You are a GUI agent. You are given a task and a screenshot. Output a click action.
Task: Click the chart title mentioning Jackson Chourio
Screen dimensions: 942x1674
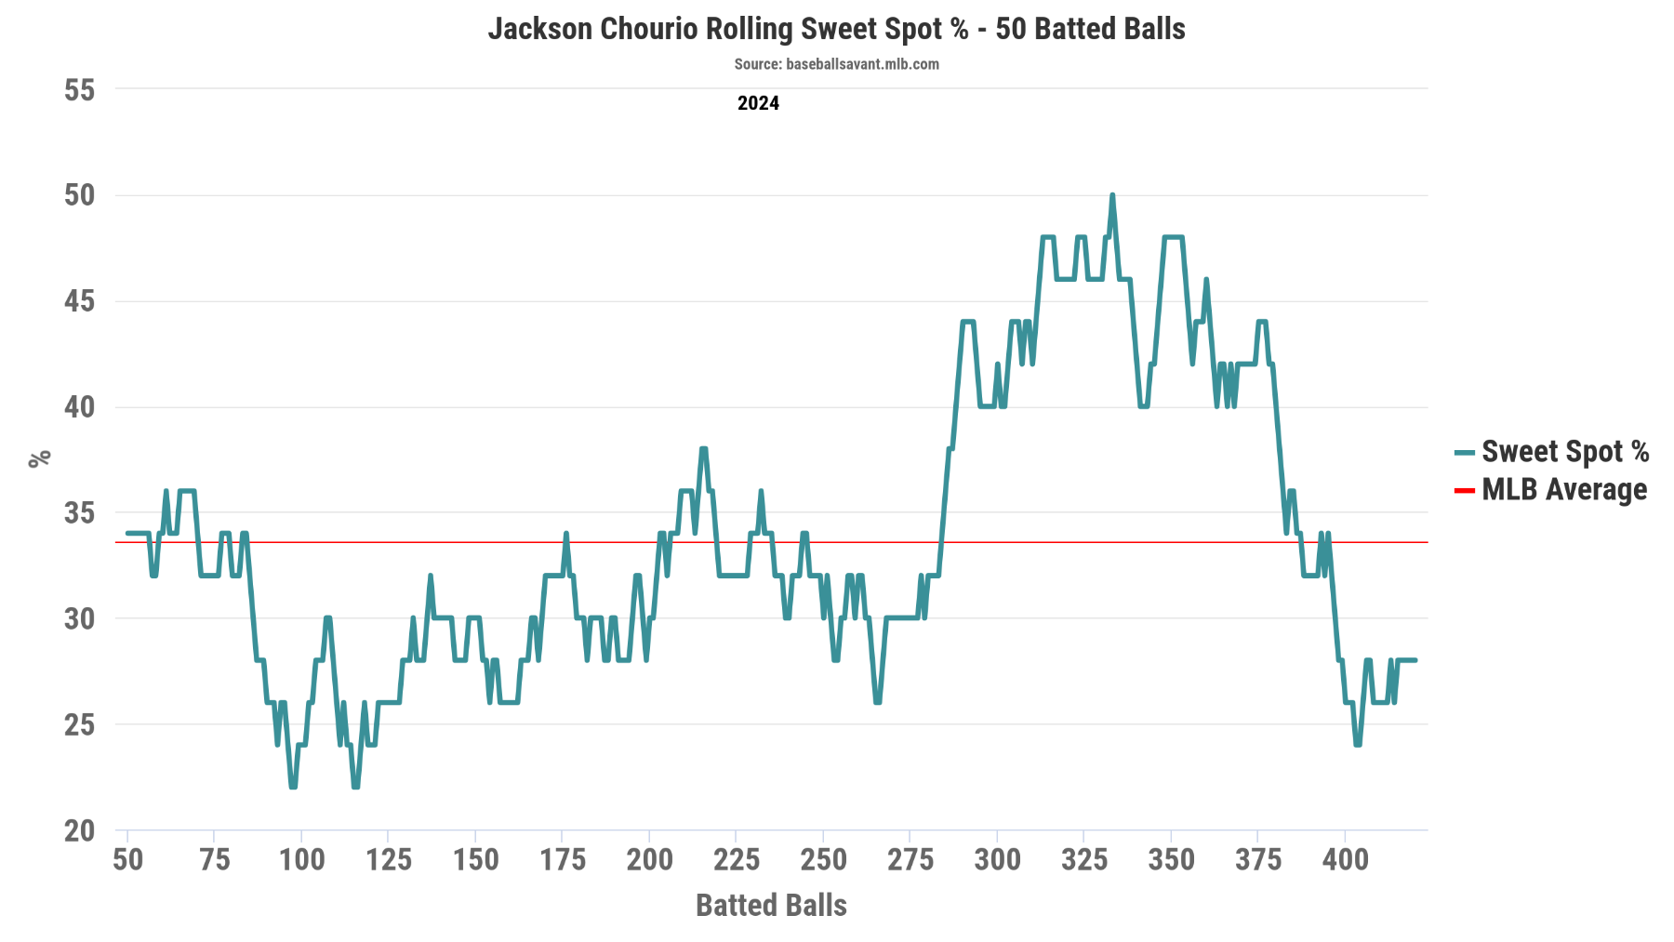click(836, 29)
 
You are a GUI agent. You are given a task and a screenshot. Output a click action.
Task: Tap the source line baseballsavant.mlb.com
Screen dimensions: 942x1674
click(836, 64)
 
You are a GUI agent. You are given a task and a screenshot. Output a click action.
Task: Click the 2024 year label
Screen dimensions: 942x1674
click(758, 103)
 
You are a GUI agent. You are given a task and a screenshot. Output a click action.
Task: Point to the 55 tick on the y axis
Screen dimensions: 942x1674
click(80, 90)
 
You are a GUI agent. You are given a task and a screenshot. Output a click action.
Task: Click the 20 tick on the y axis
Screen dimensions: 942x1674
click(80, 830)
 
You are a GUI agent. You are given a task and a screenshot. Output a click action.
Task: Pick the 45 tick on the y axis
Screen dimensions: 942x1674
click(80, 301)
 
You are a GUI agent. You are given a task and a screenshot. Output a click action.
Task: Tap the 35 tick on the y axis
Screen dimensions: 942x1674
click(80, 513)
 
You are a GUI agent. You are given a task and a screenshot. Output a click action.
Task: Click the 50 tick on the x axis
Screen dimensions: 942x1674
click(127, 859)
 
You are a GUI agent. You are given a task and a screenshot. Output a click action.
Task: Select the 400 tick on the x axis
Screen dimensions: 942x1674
click(1345, 859)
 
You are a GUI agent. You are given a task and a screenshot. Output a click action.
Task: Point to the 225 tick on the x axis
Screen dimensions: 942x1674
click(736, 859)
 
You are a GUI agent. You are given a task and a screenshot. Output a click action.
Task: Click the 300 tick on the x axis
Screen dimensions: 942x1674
click(997, 859)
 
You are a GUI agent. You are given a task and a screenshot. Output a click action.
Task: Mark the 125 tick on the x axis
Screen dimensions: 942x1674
click(388, 859)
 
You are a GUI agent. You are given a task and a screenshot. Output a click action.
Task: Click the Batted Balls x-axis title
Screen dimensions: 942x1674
click(771, 905)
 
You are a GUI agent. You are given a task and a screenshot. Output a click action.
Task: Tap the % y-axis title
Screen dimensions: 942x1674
click(39, 458)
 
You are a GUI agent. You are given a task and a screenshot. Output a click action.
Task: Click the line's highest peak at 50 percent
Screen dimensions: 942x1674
click(1112, 196)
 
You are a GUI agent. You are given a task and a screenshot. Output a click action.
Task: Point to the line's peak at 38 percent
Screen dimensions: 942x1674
click(704, 449)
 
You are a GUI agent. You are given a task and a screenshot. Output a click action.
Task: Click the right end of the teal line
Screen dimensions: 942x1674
click(1415, 660)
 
